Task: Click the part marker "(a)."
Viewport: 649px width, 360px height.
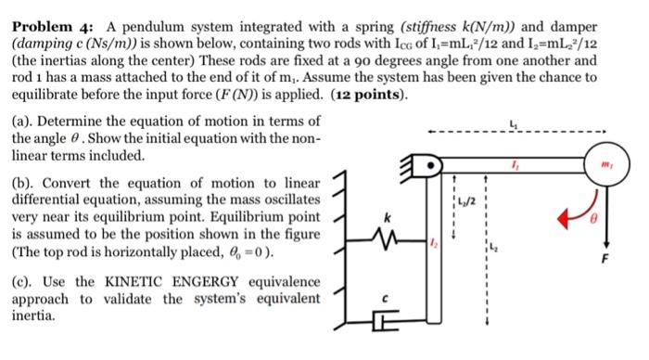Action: coord(25,121)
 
